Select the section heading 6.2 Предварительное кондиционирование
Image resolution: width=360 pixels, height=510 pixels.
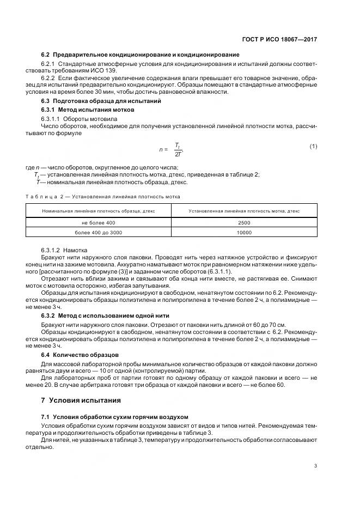click(140, 55)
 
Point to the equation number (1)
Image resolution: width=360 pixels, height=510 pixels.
click(313, 146)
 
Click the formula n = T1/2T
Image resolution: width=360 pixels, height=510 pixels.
click(170, 149)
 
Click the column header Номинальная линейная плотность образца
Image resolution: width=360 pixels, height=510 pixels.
click(99, 211)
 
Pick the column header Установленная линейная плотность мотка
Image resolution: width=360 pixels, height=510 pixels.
click(244, 211)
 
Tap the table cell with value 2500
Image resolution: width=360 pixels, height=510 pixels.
click(244, 223)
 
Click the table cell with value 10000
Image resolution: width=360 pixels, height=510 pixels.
click(244, 233)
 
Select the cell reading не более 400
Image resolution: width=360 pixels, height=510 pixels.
click(99, 223)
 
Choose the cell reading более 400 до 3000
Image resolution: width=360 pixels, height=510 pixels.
click(99, 233)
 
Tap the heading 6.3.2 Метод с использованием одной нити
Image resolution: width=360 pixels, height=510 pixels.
click(105, 315)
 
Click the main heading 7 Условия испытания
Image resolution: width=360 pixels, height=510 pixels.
click(81, 400)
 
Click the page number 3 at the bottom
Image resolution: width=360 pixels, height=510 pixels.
click(315, 465)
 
